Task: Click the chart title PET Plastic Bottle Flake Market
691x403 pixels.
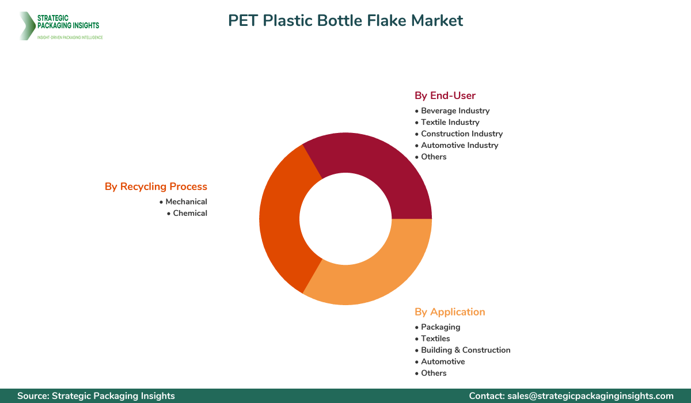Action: pos(345,21)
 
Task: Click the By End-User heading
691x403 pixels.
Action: pos(445,96)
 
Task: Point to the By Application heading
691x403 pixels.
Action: pos(450,312)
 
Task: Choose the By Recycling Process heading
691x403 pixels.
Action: pos(155,187)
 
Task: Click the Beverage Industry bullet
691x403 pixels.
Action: pos(455,111)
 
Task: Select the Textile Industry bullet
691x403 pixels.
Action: pos(450,122)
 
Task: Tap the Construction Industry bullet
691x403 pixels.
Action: pos(461,134)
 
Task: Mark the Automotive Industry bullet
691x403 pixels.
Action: pos(459,145)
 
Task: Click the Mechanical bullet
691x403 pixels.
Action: pos(186,201)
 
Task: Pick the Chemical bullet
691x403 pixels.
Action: pos(190,213)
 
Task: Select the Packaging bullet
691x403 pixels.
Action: pos(441,327)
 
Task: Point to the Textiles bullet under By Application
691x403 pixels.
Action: pos(435,339)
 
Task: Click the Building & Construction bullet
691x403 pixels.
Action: pos(465,350)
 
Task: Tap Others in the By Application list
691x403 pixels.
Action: pos(434,373)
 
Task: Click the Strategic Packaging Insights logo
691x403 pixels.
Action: pos(60,26)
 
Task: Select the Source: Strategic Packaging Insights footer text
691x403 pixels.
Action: pos(96,396)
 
